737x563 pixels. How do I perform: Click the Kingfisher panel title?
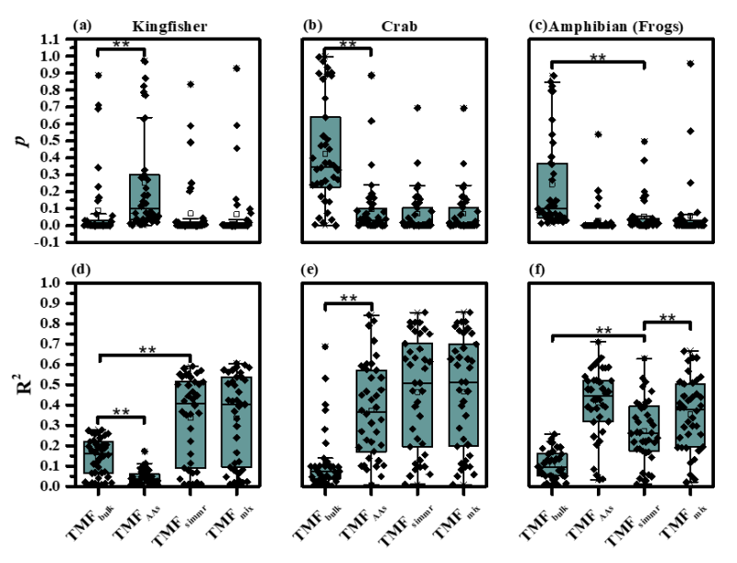click(169, 26)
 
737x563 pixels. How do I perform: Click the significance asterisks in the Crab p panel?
click(347, 43)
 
